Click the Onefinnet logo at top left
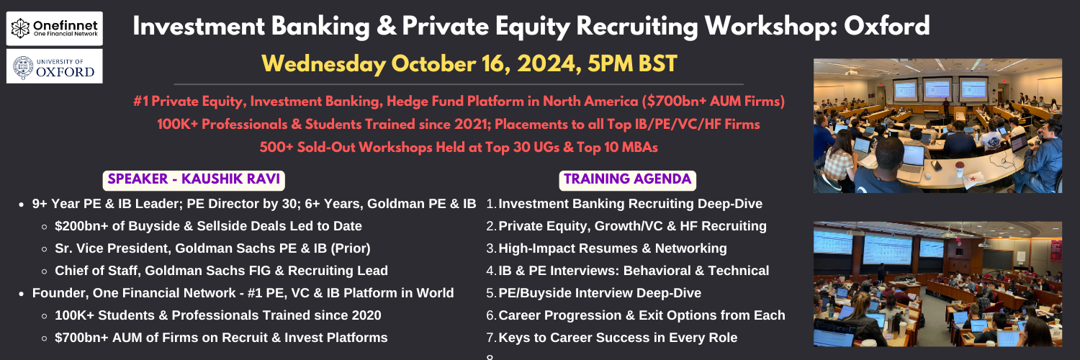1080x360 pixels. coord(55,28)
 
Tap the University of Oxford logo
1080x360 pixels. coord(55,66)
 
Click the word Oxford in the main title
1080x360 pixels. coord(886,26)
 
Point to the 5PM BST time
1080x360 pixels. coord(633,64)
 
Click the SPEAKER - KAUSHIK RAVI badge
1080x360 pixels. coord(194,180)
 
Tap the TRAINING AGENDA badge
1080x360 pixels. coord(627,180)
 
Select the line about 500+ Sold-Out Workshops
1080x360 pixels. coord(459,148)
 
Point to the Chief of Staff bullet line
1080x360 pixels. coord(221,271)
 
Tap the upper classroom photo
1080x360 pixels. coord(937,126)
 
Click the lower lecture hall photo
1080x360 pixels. coord(937,284)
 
